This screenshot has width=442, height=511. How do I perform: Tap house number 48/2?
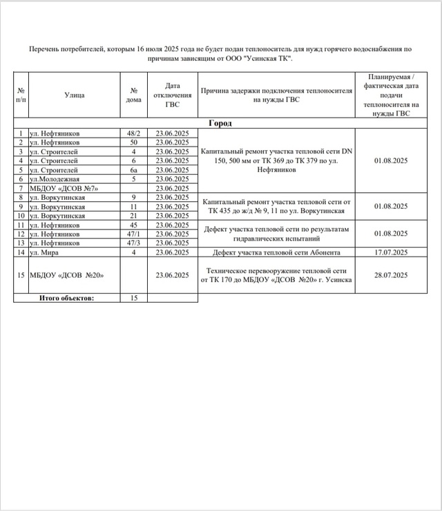133,133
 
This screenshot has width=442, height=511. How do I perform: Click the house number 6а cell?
133,169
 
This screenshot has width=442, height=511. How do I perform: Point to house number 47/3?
133,243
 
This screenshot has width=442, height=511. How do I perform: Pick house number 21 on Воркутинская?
133,216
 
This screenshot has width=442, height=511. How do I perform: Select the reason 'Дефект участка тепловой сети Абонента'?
276,252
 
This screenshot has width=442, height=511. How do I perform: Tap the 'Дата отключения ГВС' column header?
172,95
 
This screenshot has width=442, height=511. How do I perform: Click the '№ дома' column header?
133,95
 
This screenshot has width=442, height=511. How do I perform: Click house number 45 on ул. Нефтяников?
133,225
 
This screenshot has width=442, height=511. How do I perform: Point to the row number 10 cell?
21,216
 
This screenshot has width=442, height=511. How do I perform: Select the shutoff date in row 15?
172,275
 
